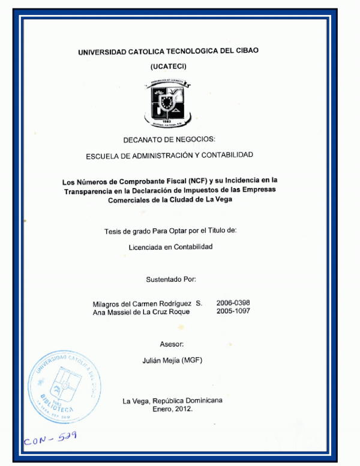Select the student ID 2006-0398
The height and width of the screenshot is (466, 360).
pos(233,303)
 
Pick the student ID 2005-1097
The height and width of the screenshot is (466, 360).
pos(233,312)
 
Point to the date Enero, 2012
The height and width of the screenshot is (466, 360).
pos(172,408)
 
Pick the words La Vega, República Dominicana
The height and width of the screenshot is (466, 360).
pos(172,401)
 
